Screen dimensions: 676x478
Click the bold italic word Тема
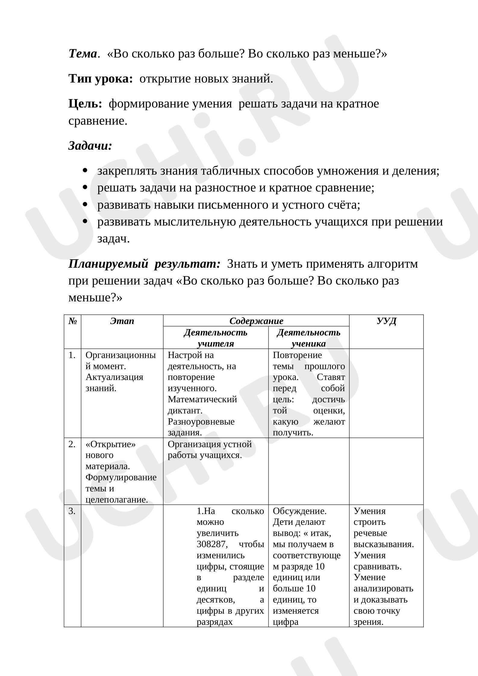[x=83, y=54]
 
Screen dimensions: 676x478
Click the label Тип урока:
[x=101, y=79]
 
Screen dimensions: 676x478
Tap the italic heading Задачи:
[x=90, y=146]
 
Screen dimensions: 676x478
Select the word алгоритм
[x=392, y=264]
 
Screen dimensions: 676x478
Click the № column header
[x=73, y=321]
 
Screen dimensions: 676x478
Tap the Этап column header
[x=122, y=321]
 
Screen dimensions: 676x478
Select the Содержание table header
[x=256, y=321]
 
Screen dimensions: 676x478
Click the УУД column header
[x=386, y=321]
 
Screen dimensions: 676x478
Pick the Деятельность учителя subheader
[x=216, y=338]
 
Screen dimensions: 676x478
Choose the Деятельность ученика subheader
[x=308, y=338]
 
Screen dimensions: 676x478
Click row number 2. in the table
[x=72, y=444]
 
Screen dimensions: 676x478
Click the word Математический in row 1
[x=202, y=400]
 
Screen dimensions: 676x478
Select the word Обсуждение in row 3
[x=299, y=511]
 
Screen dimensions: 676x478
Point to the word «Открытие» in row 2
[x=111, y=444]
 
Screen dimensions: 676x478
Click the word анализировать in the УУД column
[x=383, y=588]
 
